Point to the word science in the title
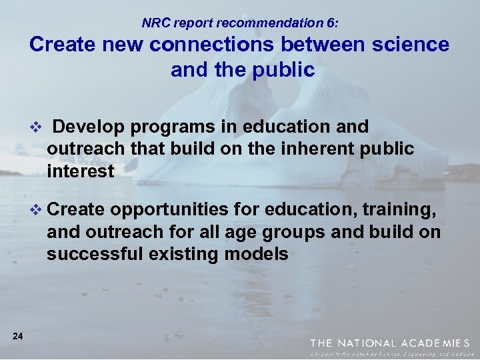point(409,45)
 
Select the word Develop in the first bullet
point(86,127)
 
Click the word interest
point(80,171)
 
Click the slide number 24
point(18,337)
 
